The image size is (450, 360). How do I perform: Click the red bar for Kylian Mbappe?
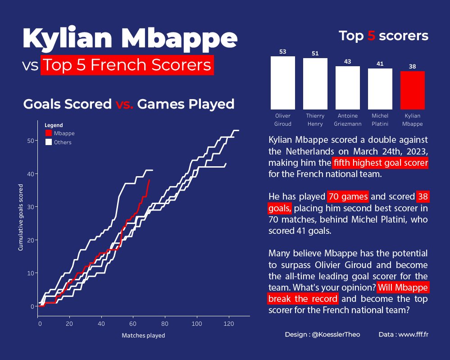pyautogui.click(x=412, y=90)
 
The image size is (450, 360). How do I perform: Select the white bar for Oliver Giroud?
pyautogui.click(x=282, y=82)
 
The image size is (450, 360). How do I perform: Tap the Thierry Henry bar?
pyautogui.click(x=315, y=83)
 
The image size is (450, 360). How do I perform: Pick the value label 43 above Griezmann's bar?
pyautogui.click(x=347, y=61)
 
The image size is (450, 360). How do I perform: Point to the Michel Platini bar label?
pyautogui.click(x=380, y=119)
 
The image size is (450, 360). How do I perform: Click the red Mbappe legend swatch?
pyautogui.click(x=49, y=133)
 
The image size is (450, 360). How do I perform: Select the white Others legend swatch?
pyautogui.click(x=49, y=142)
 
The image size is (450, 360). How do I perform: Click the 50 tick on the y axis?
pyautogui.click(x=31, y=141)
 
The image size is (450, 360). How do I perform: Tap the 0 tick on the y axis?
pyautogui.click(x=32, y=306)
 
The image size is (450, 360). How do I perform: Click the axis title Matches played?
pyautogui.click(x=143, y=335)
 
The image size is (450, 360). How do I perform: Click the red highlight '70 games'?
pyautogui.click(x=348, y=196)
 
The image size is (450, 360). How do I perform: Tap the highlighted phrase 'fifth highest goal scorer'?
pyautogui.click(x=380, y=162)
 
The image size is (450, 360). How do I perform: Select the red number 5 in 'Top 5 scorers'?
pyautogui.click(x=371, y=36)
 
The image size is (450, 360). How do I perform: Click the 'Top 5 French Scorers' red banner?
pyautogui.click(x=127, y=65)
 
